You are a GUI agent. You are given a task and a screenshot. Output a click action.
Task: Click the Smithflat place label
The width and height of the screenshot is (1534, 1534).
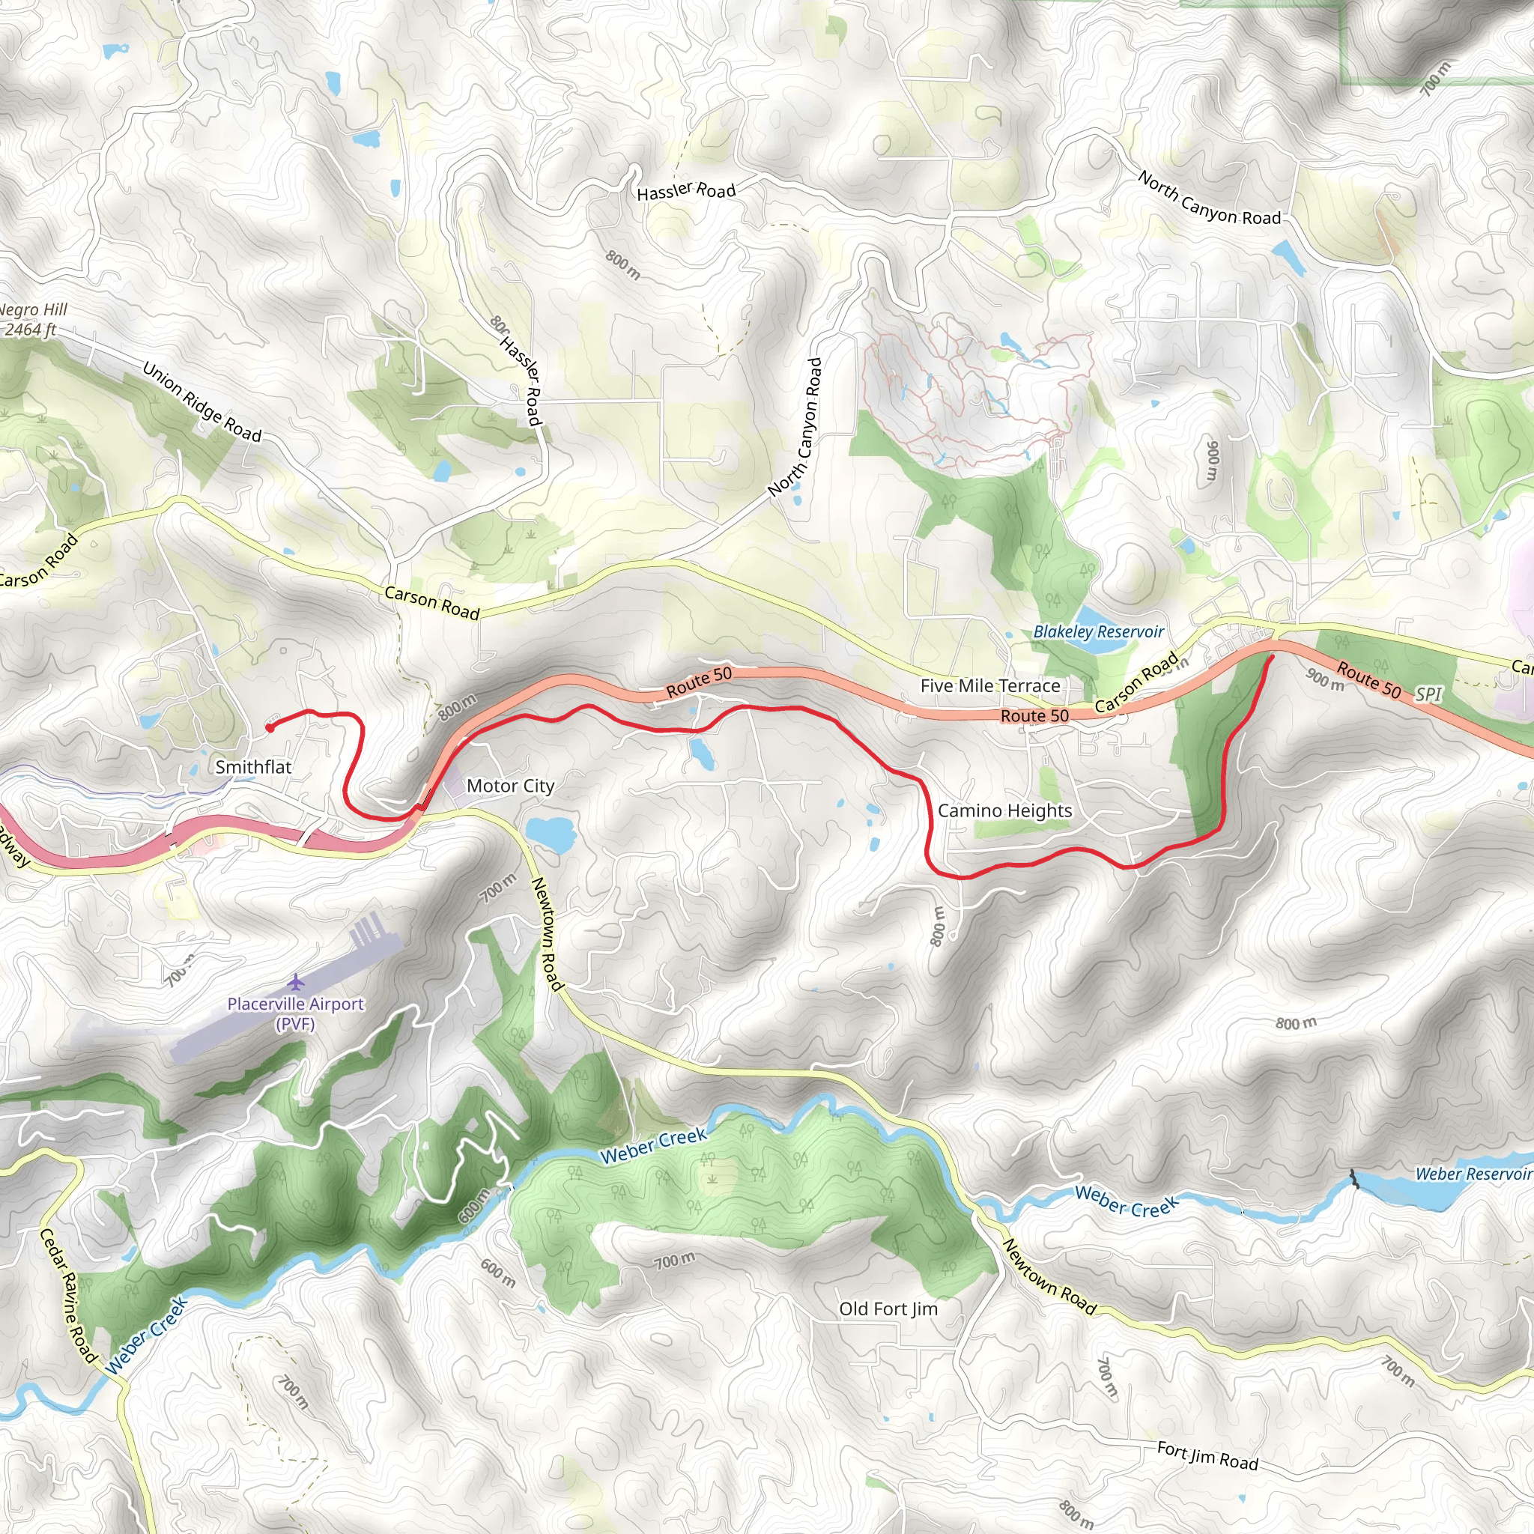(x=253, y=767)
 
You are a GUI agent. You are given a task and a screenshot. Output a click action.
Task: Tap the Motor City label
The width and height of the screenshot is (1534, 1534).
(x=510, y=786)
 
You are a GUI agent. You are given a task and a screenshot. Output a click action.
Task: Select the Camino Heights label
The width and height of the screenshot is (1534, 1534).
(x=1004, y=810)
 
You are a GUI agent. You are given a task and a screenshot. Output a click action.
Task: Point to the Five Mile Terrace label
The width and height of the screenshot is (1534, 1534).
(x=989, y=685)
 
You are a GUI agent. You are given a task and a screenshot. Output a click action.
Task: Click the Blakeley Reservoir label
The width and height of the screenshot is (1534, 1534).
(x=1098, y=632)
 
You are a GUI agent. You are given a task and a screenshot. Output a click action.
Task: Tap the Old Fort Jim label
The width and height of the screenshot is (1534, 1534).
(x=888, y=1309)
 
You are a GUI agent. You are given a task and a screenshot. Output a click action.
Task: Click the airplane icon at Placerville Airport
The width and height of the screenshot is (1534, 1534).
(x=296, y=982)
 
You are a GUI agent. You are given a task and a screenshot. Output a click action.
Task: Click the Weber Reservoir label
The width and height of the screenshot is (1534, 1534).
(x=1472, y=1174)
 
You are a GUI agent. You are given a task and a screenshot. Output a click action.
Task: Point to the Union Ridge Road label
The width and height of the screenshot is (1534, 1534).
(x=201, y=401)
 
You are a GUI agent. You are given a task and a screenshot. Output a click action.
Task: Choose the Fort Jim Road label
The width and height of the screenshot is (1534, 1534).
(x=1207, y=1456)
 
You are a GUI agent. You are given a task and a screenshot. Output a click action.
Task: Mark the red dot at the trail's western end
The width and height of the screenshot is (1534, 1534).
(x=270, y=727)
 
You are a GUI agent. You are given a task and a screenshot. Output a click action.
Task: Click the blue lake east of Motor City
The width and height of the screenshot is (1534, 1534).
(x=550, y=834)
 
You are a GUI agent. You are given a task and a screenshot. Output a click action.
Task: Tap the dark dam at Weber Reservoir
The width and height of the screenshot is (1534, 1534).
(x=1353, y=1180)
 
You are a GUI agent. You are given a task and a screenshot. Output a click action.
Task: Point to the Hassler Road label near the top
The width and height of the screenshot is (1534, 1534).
(x=686, y=190)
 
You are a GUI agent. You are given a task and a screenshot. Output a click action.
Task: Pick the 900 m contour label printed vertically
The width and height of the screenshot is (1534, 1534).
(x=1212, y=459)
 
